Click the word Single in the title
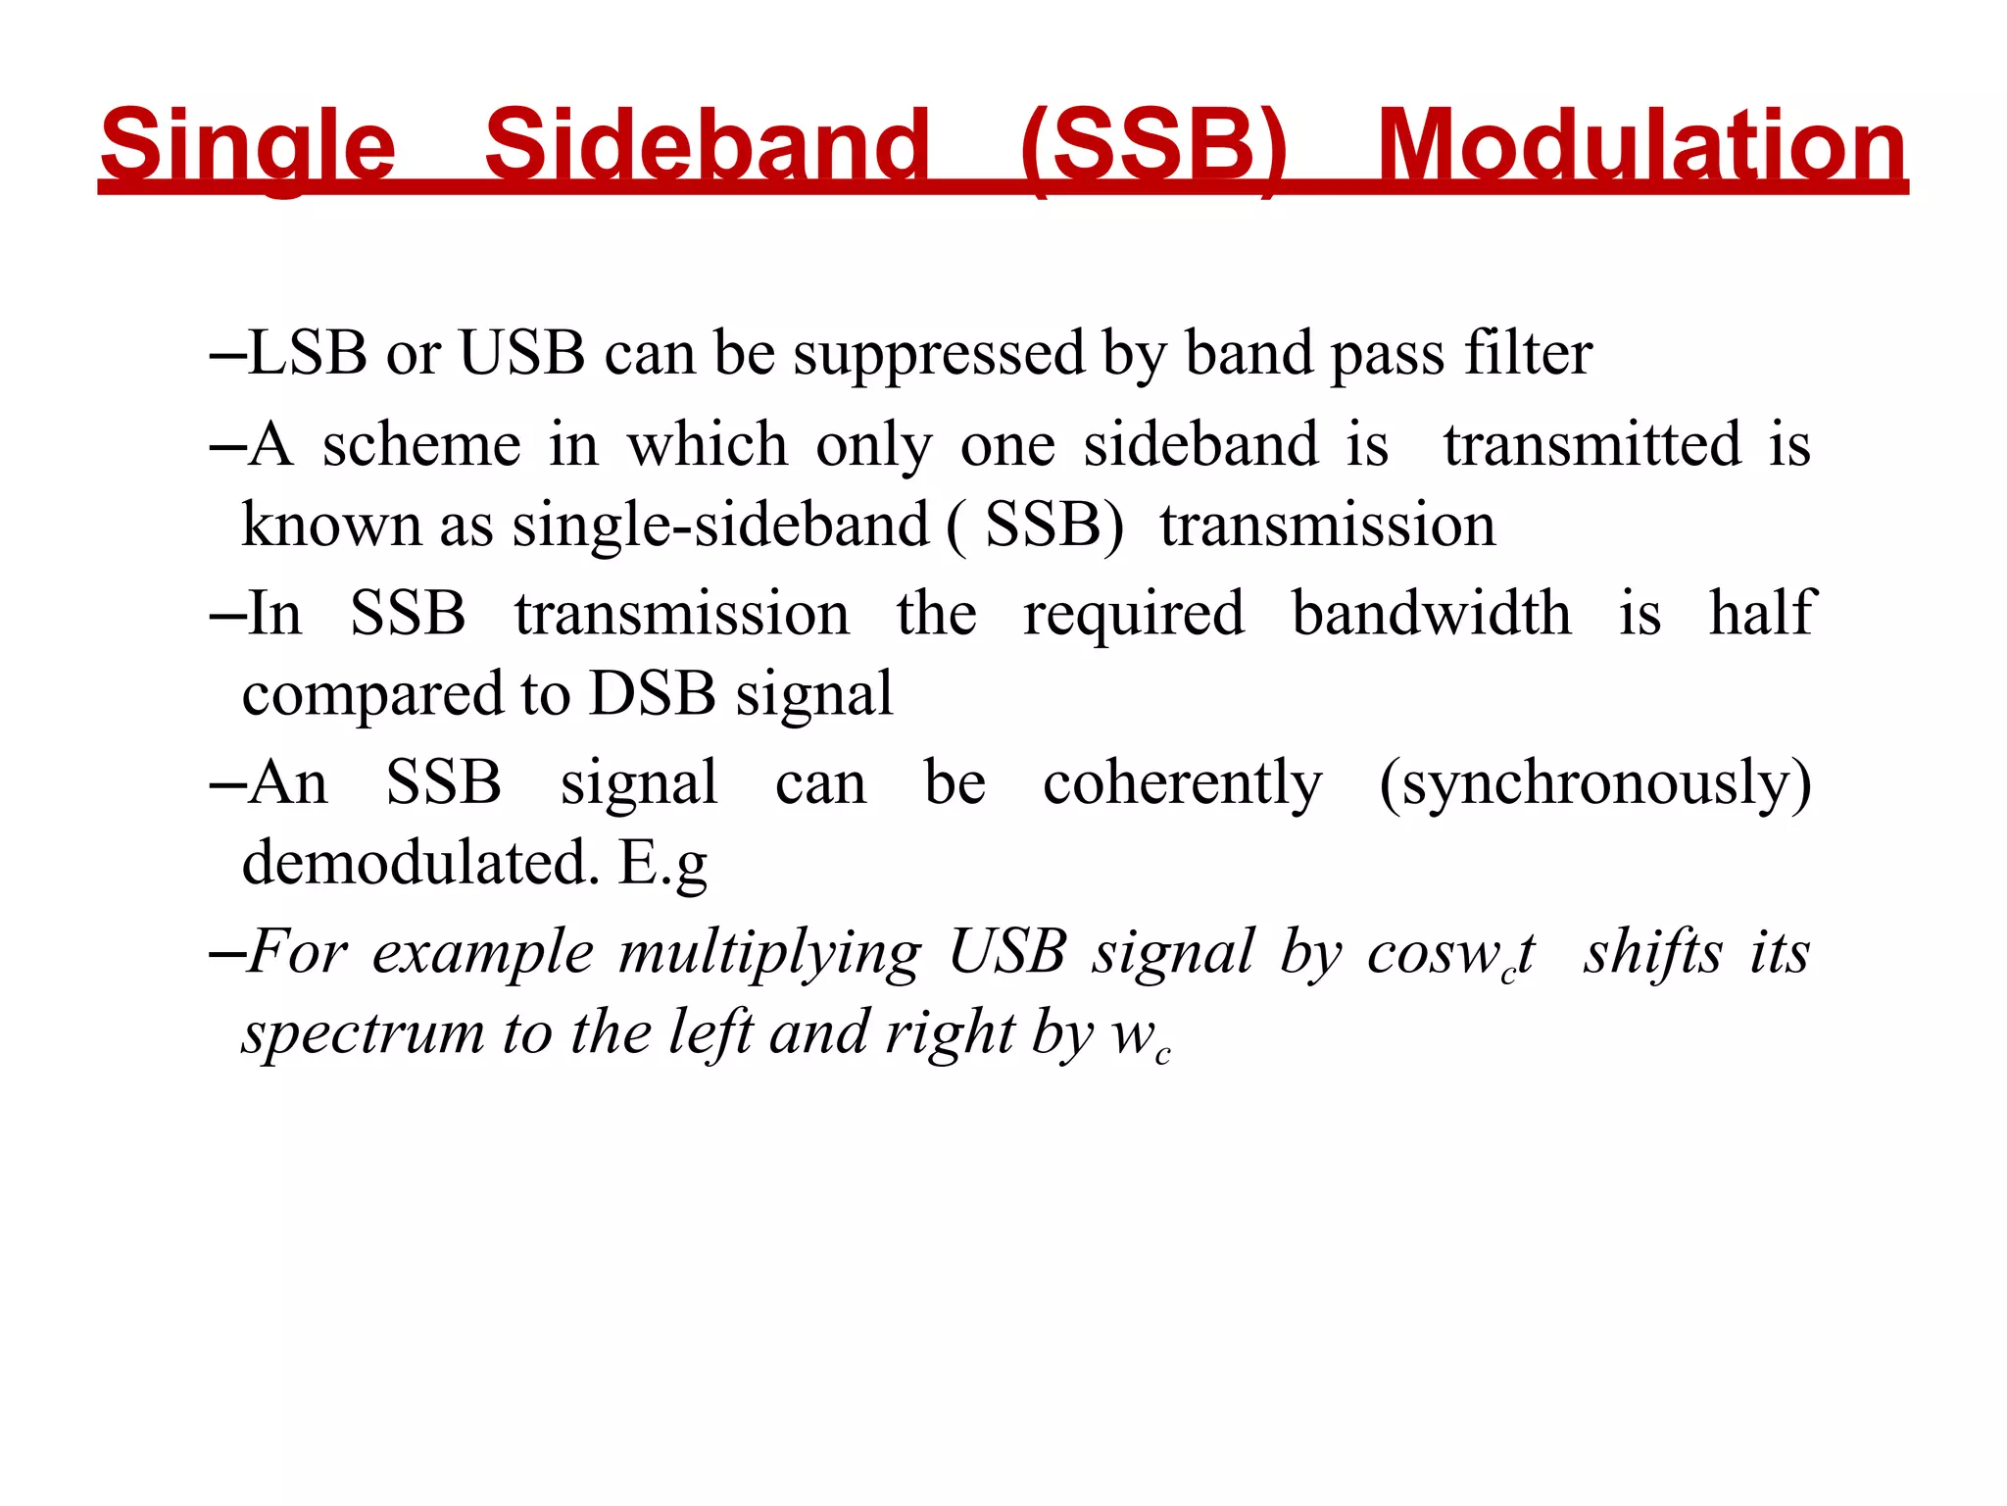pos(247,147)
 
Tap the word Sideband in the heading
pos(706,147)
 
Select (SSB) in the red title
pos(1153,147)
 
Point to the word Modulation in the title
pos(1641,147)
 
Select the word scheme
pos(421,445)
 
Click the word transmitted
pos(1592,445)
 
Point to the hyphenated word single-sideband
pos(720,527)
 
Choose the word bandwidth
pos(1431,615)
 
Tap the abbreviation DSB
pos(653,694)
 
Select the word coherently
pos(1182,784)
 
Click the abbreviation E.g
pos(662,865)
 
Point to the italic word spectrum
pos(364,1035)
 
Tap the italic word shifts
pos(1653,952)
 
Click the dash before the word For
pos(227,953)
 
